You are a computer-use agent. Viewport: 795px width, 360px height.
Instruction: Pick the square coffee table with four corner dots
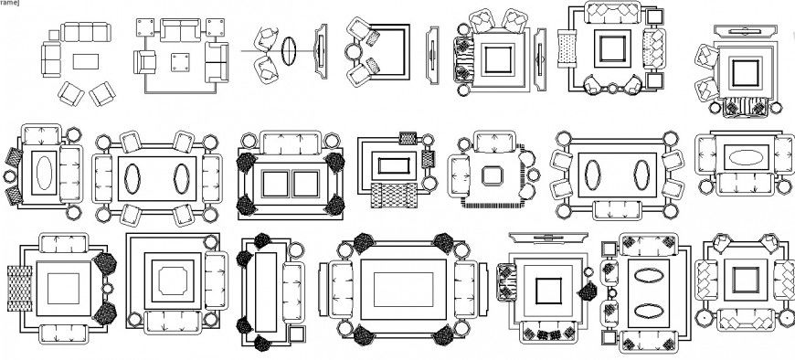tap(177, 63)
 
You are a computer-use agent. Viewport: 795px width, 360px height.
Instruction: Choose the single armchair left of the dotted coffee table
tap(145, 63)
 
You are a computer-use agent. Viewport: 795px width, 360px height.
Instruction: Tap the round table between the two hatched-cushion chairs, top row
tap(355, 52)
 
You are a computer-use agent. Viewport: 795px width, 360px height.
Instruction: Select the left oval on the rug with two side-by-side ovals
tap(133, 177)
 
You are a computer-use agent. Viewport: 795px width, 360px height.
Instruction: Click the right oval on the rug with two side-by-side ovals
tap(179, 177)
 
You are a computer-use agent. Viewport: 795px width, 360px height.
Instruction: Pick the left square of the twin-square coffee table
tap(275, 184)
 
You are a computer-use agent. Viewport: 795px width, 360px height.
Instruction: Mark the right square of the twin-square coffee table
tap(303, 184)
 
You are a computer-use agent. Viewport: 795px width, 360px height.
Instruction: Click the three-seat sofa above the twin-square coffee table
tap(291, 143)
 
